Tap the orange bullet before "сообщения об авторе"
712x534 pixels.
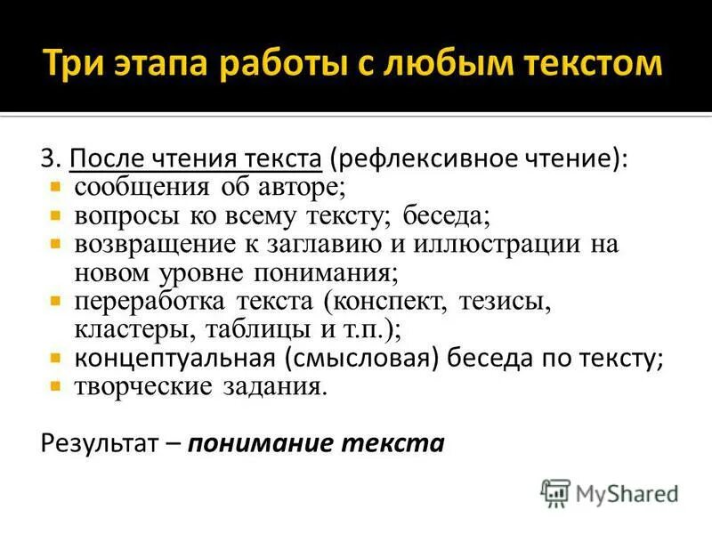(x=55, y=187)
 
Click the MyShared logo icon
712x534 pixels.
(x=555, y=491)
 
